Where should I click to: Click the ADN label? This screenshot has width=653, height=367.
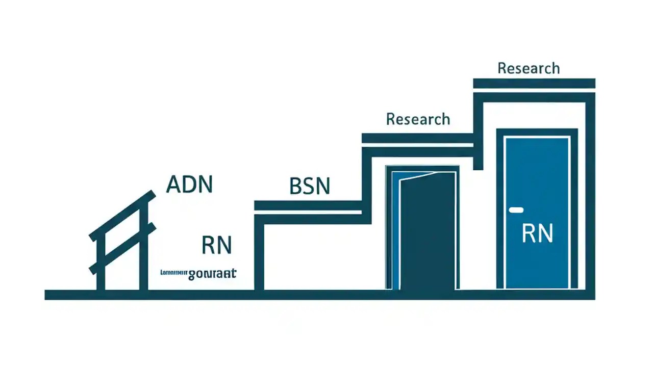pyautogui.click(x=189, y=185)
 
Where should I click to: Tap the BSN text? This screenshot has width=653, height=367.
pyautogui.click(x=310, y=187)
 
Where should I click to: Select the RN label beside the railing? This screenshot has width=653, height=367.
pyautogui.click(x=217, y=245)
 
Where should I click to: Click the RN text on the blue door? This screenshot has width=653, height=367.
pyautogui.click(x=537, y=233)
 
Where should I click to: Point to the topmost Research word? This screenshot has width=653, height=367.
pyautogui.click(x=529, y=68)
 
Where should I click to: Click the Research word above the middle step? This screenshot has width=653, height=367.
pyautogui.click(x=418, y=119)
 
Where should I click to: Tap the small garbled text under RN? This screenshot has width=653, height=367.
pyautogui.click(x=198, y=273)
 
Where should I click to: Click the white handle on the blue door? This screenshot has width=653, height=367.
pyautogui.click(x=516, y=209)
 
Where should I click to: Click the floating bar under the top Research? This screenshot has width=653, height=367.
pyautogui.click(x=534, y=83)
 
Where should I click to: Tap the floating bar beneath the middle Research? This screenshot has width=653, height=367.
pyautogui.click(x=417, y=138)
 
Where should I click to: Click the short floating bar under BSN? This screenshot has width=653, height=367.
pyautogui.click(x=308, y=205)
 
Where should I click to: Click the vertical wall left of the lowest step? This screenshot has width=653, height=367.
pyautogui.click(x=259, y=255)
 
